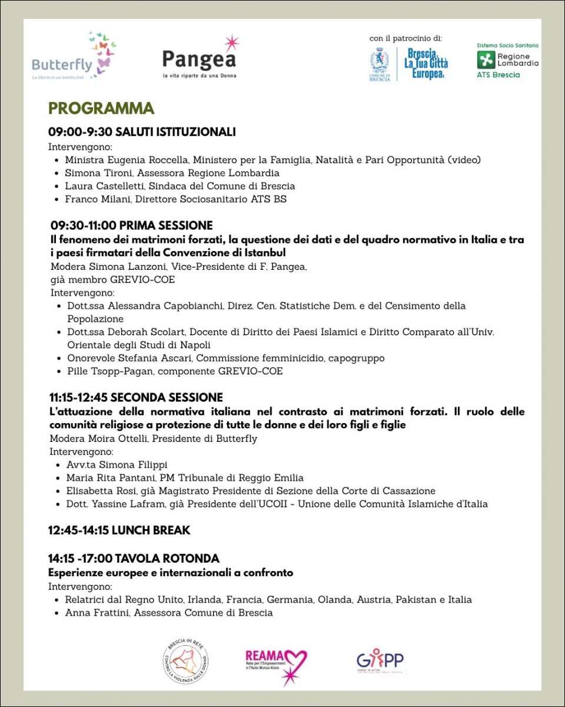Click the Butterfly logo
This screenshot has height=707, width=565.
tap(74, 57)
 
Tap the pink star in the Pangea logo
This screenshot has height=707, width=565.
tap(231, 43)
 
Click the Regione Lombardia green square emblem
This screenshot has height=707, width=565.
tap(486, 60)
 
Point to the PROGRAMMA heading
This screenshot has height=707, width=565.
tap(101, 108)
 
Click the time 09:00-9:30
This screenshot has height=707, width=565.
tap(80, 132)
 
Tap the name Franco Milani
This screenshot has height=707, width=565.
tap(96, 199)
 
